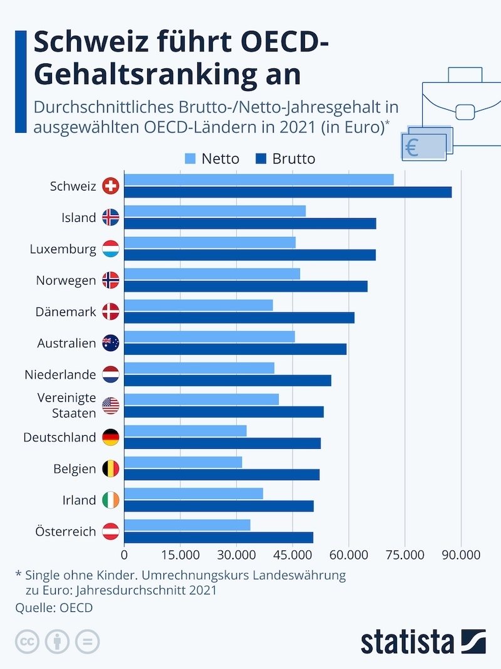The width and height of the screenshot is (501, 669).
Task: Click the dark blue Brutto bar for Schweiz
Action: click(288, 192)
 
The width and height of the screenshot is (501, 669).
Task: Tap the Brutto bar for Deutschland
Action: click(222, 443)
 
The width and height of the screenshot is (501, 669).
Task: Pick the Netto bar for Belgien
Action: click(183, 462)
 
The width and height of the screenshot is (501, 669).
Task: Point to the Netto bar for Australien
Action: click(209, 337)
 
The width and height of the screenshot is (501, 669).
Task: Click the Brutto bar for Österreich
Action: click(219, 537)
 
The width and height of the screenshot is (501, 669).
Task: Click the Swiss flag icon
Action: click(110, 186)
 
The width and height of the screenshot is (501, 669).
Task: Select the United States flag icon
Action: click(110, 406)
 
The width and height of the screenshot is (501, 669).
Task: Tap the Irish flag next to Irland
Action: click(110, 500)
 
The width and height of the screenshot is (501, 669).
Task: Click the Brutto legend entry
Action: click(286, 159)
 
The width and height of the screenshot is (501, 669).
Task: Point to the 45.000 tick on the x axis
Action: click(292, 555)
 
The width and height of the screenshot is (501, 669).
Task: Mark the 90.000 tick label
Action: click(461, 555)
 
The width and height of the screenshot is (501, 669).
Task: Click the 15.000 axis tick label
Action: click(180, 555)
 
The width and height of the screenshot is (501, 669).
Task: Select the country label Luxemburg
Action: click(63, 249)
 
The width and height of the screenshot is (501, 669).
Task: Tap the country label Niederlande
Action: click(60, 374)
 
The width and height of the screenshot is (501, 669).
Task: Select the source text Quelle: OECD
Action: click(54, 607)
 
